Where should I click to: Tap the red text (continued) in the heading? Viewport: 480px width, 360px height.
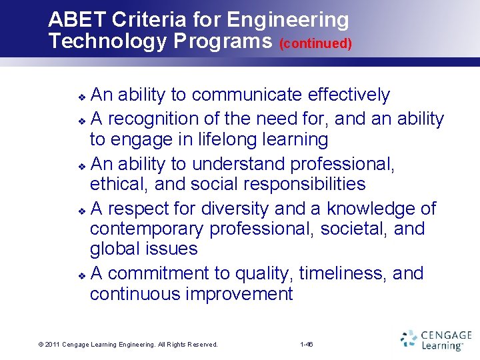coord(315,44)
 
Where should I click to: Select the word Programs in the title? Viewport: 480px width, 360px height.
coord(223,41)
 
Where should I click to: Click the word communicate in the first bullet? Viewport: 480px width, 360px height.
coord(247,95)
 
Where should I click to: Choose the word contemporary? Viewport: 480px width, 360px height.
coord(147,229)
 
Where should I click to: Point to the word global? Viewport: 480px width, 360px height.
coord(117,249)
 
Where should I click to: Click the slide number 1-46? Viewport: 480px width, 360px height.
coord(307,345)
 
